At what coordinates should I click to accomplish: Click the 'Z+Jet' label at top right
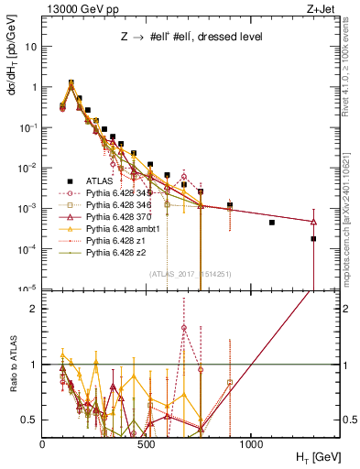tap(322, 7)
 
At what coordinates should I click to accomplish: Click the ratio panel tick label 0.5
tap(28, 420)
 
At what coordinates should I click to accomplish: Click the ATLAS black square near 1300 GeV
tap(313, 238)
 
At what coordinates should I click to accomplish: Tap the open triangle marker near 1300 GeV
tap(313, 222)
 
